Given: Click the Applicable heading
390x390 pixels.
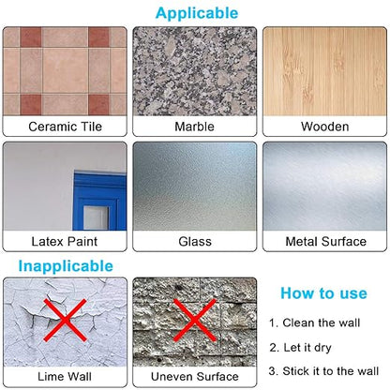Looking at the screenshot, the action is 197,14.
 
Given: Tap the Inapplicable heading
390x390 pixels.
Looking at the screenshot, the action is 66,266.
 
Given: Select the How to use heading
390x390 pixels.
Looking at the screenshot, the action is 323,293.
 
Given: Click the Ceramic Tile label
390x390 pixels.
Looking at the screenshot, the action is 65,127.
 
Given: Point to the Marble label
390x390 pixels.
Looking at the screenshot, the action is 194,127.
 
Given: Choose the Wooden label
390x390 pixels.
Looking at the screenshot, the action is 325,127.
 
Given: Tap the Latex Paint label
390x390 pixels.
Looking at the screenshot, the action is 65,242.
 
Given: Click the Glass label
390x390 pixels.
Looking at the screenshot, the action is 195,242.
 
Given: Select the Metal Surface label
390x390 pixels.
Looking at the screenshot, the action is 325,242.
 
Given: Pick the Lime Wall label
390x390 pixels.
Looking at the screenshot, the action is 65,377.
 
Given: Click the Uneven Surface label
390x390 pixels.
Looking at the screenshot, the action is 194,377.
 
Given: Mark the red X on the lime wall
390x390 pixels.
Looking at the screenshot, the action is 65,320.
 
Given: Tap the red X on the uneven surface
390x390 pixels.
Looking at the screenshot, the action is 194,320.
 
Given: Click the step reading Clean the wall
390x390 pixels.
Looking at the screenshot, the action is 315,322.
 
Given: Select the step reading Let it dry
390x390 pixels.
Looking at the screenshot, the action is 300,348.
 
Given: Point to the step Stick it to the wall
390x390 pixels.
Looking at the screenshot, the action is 323,371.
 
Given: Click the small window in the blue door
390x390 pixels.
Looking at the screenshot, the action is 97,217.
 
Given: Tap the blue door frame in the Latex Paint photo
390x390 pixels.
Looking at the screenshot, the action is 99,201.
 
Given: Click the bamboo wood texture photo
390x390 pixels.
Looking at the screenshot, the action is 325,71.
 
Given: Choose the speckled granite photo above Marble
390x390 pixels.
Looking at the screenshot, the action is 195,71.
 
